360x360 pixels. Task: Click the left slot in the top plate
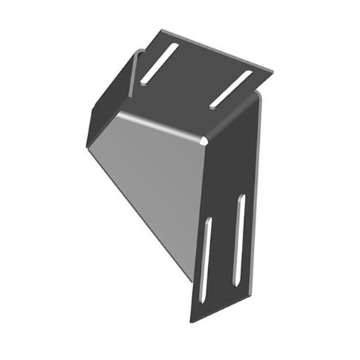coord(160,63)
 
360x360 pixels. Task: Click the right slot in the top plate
coord(231,89)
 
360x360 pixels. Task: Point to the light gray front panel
coord(155,187)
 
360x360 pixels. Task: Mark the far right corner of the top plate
coord(273,70)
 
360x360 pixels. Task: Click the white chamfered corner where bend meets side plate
coord(207,138)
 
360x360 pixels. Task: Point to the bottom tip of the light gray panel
coord(193,284)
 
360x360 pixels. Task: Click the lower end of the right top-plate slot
coord(214,106)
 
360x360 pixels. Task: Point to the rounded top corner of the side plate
coord(256,97)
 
